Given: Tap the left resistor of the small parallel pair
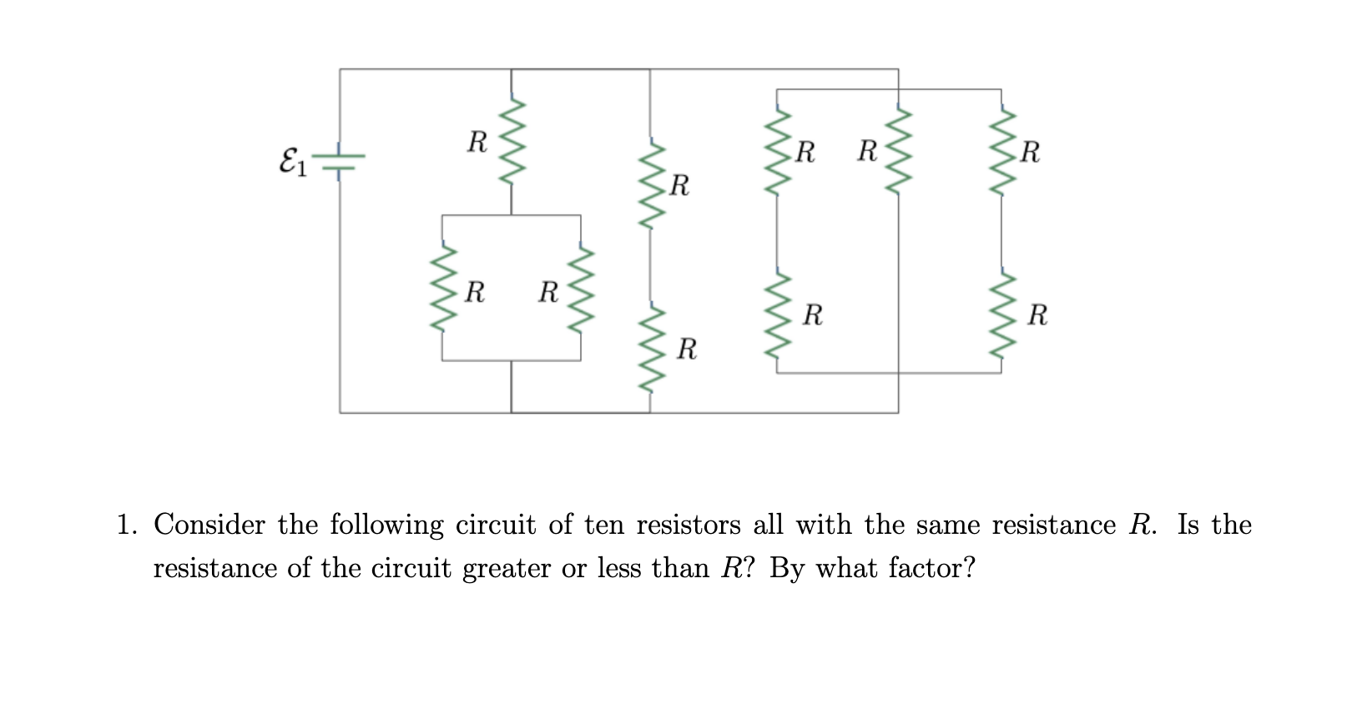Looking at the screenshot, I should tap(442, 289).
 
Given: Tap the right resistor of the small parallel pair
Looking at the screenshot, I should tap(581, 289).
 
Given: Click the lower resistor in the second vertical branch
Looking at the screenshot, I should tap(650, 346).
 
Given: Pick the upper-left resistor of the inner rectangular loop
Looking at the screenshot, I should tap(777, 151).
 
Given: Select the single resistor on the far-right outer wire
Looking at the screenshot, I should tap(899, 151).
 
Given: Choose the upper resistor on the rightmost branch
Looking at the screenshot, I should tap(1001, 151).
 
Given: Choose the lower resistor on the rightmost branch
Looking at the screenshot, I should tap(1001, 314).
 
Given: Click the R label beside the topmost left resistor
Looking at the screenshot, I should tap(477, 142).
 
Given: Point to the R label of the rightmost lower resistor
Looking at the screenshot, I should tap(1037, 315).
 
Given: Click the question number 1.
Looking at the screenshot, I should tap(126, 525).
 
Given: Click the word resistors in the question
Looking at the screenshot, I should tap(688, 525).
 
